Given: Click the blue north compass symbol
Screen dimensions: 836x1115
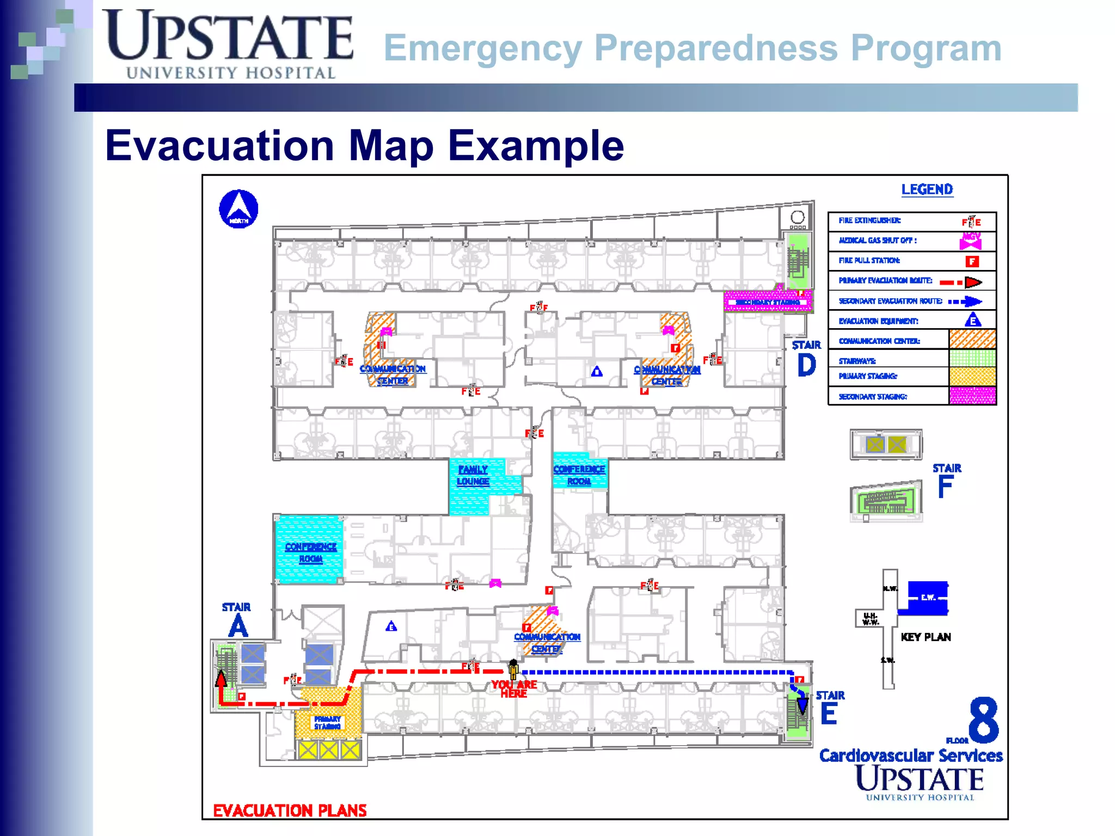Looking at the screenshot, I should [238, 209].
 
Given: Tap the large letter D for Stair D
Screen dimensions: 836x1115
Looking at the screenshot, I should [806, 365].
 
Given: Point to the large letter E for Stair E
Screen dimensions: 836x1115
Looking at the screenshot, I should [828, 714].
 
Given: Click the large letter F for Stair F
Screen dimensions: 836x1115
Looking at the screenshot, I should [945, 487].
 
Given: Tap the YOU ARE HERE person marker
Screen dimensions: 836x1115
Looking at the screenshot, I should [513, 669].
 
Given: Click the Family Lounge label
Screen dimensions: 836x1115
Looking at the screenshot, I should [473, 475].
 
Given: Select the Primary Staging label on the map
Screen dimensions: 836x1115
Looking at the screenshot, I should [327, 722].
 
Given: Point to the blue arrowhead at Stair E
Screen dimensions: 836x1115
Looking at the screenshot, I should [802, 706].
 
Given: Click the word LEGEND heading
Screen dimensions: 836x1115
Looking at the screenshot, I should [927, 189].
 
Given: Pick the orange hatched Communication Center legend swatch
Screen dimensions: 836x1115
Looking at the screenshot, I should [972, 340].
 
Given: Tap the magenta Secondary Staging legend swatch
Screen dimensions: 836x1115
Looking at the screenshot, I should [972, 396].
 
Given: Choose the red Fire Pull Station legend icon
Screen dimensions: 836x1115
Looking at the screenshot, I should [972, 261].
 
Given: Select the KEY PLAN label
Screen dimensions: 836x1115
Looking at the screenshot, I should [926, 637].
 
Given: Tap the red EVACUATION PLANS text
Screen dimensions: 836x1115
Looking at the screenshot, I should [290, 810].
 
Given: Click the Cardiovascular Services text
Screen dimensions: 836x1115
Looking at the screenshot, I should [911, 755].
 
